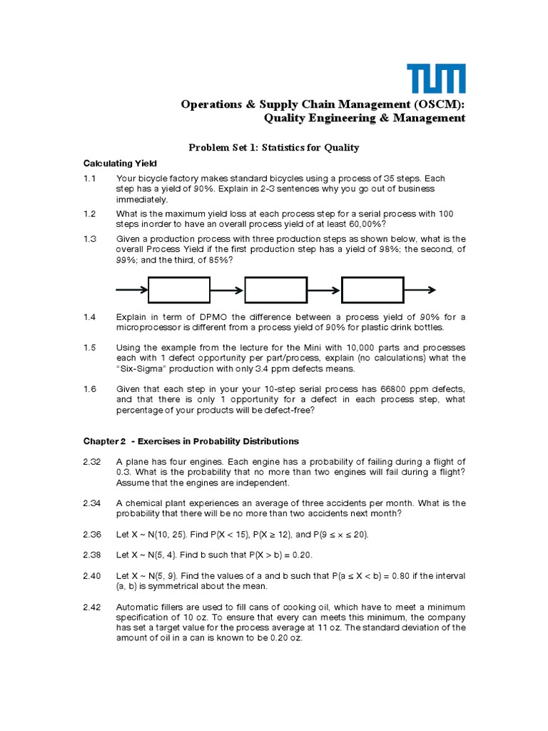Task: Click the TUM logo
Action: [x=436, y=79]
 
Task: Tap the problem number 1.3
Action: [x=89, y=238]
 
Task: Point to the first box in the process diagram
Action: [x=178, y=290]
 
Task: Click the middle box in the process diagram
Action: [x=275, y=290]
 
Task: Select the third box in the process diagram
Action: [x=372, y=290]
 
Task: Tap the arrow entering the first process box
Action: [x=132, y=290]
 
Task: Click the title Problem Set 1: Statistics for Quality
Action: [x=273, y=148]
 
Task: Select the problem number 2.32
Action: [x=92, y=462]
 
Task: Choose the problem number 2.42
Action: [x=92, y=607]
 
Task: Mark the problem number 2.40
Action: [x=92, y=575]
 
